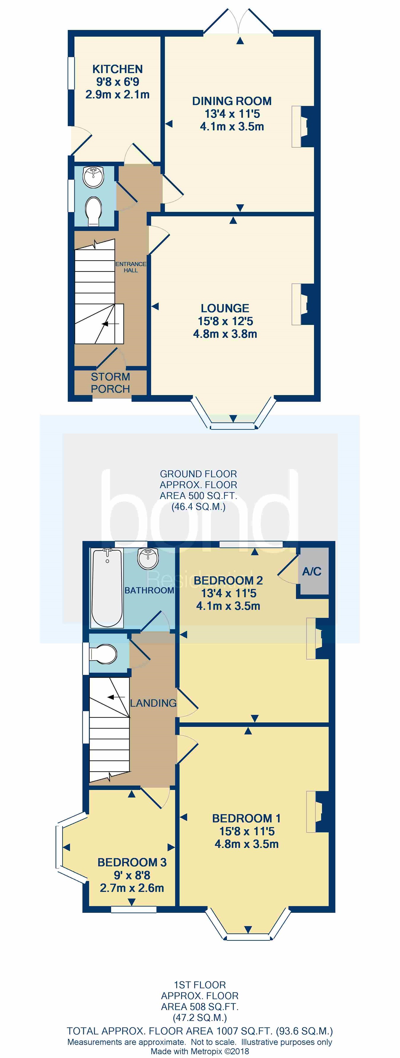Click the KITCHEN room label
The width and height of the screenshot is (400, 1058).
coord(118,69)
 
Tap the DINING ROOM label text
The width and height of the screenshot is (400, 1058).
coord(232,101)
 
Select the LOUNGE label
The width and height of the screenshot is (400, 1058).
coord(225,309)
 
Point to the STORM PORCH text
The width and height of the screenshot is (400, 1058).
coord(110,383)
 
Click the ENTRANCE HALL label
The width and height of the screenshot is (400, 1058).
coord(131,267)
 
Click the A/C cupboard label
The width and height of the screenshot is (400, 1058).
coord(312,571)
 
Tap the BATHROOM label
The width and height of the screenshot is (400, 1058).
coord(149,590)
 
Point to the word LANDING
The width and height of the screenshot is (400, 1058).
coord(153,703)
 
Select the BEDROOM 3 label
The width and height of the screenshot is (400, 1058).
coord(132,862)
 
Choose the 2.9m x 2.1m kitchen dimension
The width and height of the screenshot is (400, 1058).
coord(118,94)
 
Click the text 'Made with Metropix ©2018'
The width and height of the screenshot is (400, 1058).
coord(200,1051)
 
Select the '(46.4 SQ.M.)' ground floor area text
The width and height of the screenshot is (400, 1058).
coord(199,507)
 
